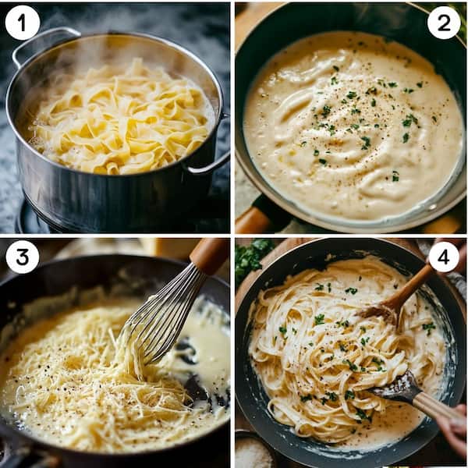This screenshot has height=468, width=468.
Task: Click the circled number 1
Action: (22, 23)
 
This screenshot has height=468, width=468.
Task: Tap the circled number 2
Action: (444, 23)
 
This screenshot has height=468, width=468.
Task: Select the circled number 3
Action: (22, 257)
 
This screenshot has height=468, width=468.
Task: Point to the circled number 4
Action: (444, 257)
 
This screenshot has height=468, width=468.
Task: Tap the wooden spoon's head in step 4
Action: (382, 312)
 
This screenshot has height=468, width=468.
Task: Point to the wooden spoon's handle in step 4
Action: (417, 281)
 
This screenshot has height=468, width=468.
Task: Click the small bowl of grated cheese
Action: (253, 452)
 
